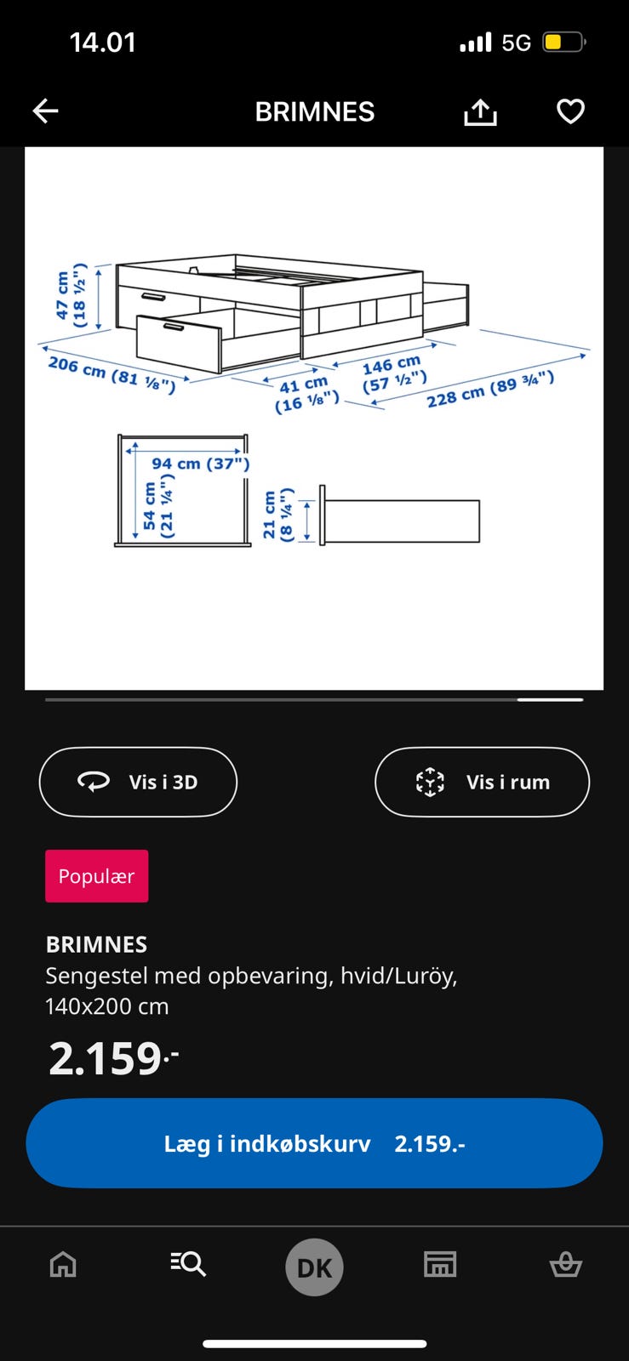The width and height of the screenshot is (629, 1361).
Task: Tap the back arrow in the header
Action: [x=46, y=111]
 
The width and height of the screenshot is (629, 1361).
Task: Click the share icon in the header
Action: [x=480, y=111]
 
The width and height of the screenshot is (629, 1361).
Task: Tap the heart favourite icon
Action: [x=570, y=111]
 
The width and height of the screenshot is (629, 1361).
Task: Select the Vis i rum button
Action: [x=482, y=782]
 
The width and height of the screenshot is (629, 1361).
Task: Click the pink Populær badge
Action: [x=97, y=875]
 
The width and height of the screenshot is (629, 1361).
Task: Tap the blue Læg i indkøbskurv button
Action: [x=314, y=1143]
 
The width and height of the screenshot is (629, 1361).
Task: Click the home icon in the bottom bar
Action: [x=63, y=1264]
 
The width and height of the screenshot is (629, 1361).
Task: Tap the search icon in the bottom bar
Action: [x=188, y=1264]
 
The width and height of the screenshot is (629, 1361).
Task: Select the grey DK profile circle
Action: [x=314, y=1267]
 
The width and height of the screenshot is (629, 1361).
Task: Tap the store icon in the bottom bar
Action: [x=440, y=1264]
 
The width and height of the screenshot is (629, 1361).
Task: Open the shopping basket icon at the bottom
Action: [x=566, y=1265]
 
